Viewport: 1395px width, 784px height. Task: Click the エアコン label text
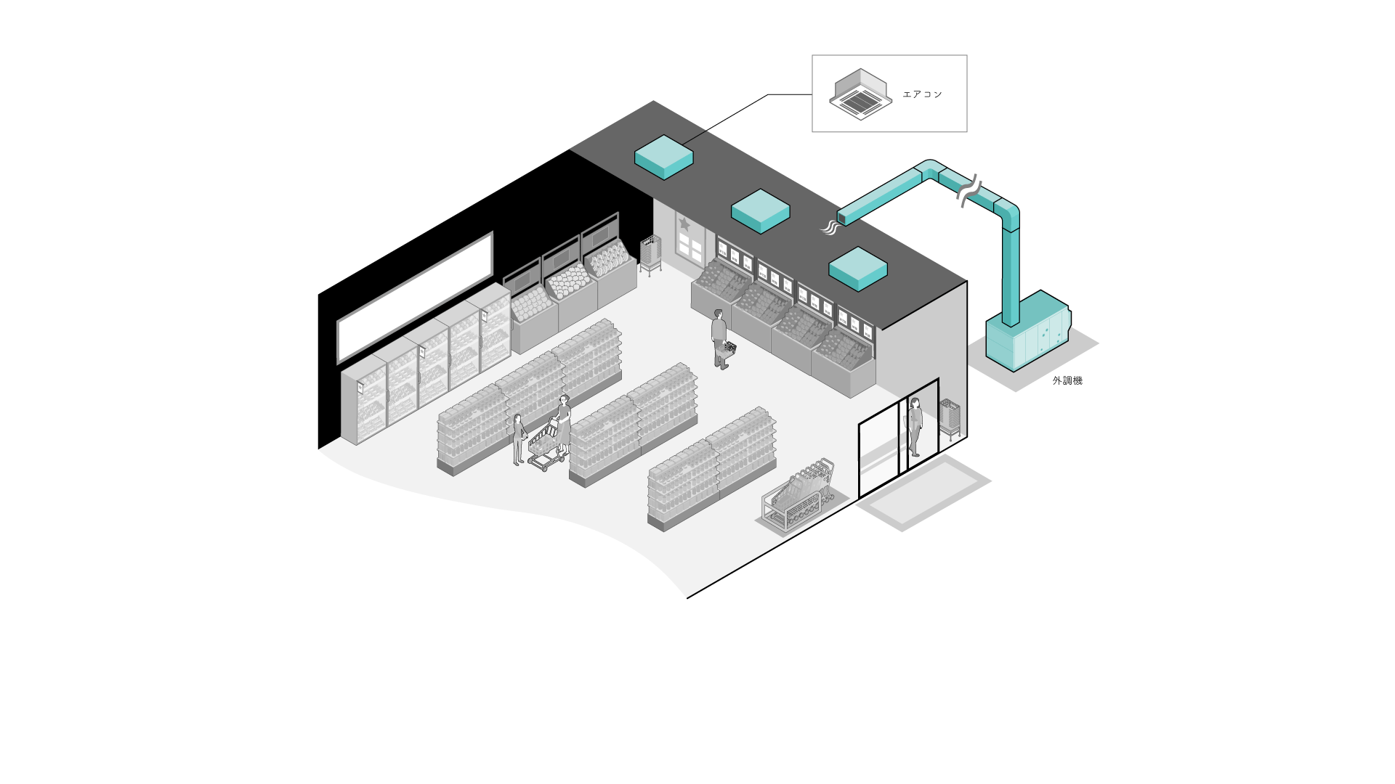(922, 94)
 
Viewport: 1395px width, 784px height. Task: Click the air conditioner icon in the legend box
(860, 94)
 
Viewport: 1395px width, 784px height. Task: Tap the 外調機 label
(1067, 380)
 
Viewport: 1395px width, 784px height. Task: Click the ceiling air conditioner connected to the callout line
(663, 156)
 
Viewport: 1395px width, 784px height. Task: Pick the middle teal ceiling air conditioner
(760, 211)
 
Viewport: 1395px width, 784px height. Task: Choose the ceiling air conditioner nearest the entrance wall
(858, 269)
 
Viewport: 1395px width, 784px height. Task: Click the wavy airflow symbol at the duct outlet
(830, 228)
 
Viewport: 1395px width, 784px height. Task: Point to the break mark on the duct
(969, 190)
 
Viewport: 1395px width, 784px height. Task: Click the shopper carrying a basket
(719, 338)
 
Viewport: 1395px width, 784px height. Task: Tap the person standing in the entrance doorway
(915, 426)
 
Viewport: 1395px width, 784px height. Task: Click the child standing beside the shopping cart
(519, 438)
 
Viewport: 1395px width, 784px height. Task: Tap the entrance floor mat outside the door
(923, 492)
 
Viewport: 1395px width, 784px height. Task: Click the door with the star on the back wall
(689, 238)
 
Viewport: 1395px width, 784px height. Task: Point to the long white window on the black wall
(415, 297)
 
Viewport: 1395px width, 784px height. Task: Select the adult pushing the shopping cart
(563, 424)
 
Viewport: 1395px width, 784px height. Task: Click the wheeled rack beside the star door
(650, 254)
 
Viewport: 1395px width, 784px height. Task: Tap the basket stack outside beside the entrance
(950, 417)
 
